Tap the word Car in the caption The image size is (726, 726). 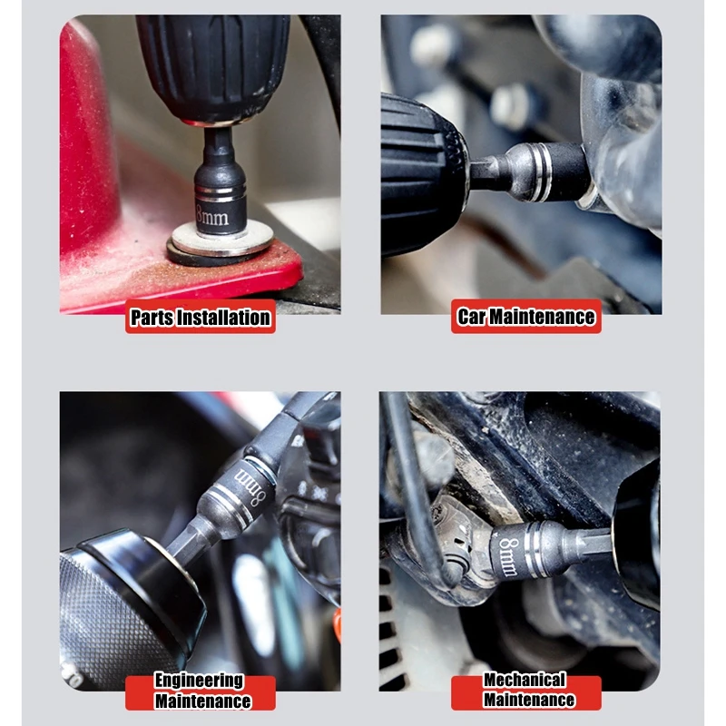tap(471, 317)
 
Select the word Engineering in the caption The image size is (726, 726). tap(199, 680)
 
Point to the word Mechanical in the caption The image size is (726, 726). tap(525, 679)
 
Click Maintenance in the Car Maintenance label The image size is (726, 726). tap(542, 317)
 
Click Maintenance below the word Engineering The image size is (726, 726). tap(202, 701)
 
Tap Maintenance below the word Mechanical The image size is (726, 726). tap(529, 699)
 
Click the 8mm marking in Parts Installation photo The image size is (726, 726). tap(212, 216)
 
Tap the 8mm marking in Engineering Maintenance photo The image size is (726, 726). tap(250, 486)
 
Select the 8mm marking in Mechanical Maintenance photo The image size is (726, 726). tap(508, 556)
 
